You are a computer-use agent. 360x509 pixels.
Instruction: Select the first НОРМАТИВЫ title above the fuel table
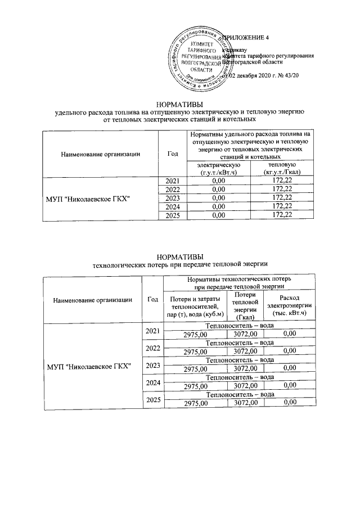[179, 104]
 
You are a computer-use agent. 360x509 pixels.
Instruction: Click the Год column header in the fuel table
[173, 154]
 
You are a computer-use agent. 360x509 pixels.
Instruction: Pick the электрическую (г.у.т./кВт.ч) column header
[218, 168]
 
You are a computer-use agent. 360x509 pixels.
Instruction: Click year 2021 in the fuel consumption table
[173, 180]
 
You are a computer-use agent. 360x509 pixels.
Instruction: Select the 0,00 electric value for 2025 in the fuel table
[218, 215]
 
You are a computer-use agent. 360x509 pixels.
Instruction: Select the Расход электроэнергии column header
[289, 305]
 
